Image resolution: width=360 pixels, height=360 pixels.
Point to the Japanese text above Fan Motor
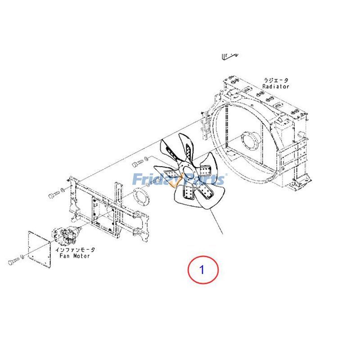(x=75, y=249)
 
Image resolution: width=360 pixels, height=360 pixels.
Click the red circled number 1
(x=202, y=270)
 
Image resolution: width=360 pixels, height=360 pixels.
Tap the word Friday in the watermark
(x=153, y=179)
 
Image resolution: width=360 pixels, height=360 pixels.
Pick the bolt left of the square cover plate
(x=14, y=260)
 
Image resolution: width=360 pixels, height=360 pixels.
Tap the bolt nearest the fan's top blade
(x=138, y=162)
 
